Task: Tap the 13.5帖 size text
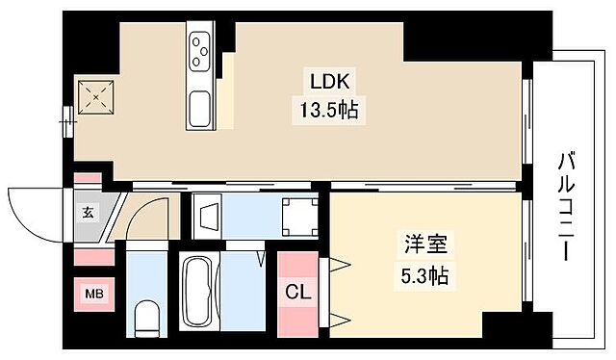coord(324,110)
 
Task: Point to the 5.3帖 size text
coord(424,276)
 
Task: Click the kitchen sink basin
coord(201,107)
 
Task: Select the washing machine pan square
coord(300,218)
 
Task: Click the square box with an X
coord(95,94)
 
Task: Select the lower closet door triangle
coord(338,315)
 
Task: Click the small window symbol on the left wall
coord(68,120)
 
